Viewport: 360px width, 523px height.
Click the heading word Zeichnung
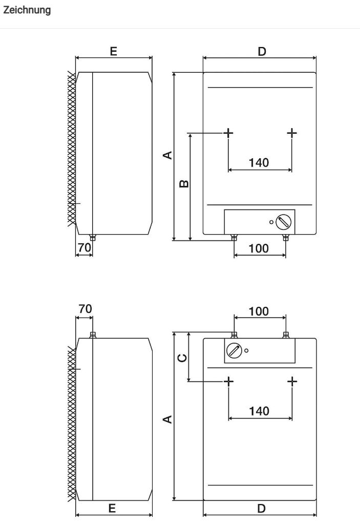[x=27, y=10]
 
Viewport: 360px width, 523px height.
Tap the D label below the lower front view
[x=261, y=508]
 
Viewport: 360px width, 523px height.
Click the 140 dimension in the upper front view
[x=259, y=163]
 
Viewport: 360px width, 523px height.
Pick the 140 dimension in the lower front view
[x=259, y=411]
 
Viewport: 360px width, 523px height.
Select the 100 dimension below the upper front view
[x=259, y=248]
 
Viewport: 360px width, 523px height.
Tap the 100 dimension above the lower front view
[x=259, y=311]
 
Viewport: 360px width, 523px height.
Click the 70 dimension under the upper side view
[x=84, y=248]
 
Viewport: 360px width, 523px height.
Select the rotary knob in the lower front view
[x=235, y=351]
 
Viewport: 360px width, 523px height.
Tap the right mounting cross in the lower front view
[x=292, y=381]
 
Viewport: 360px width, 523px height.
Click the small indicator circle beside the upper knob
[x=271, y=222]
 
